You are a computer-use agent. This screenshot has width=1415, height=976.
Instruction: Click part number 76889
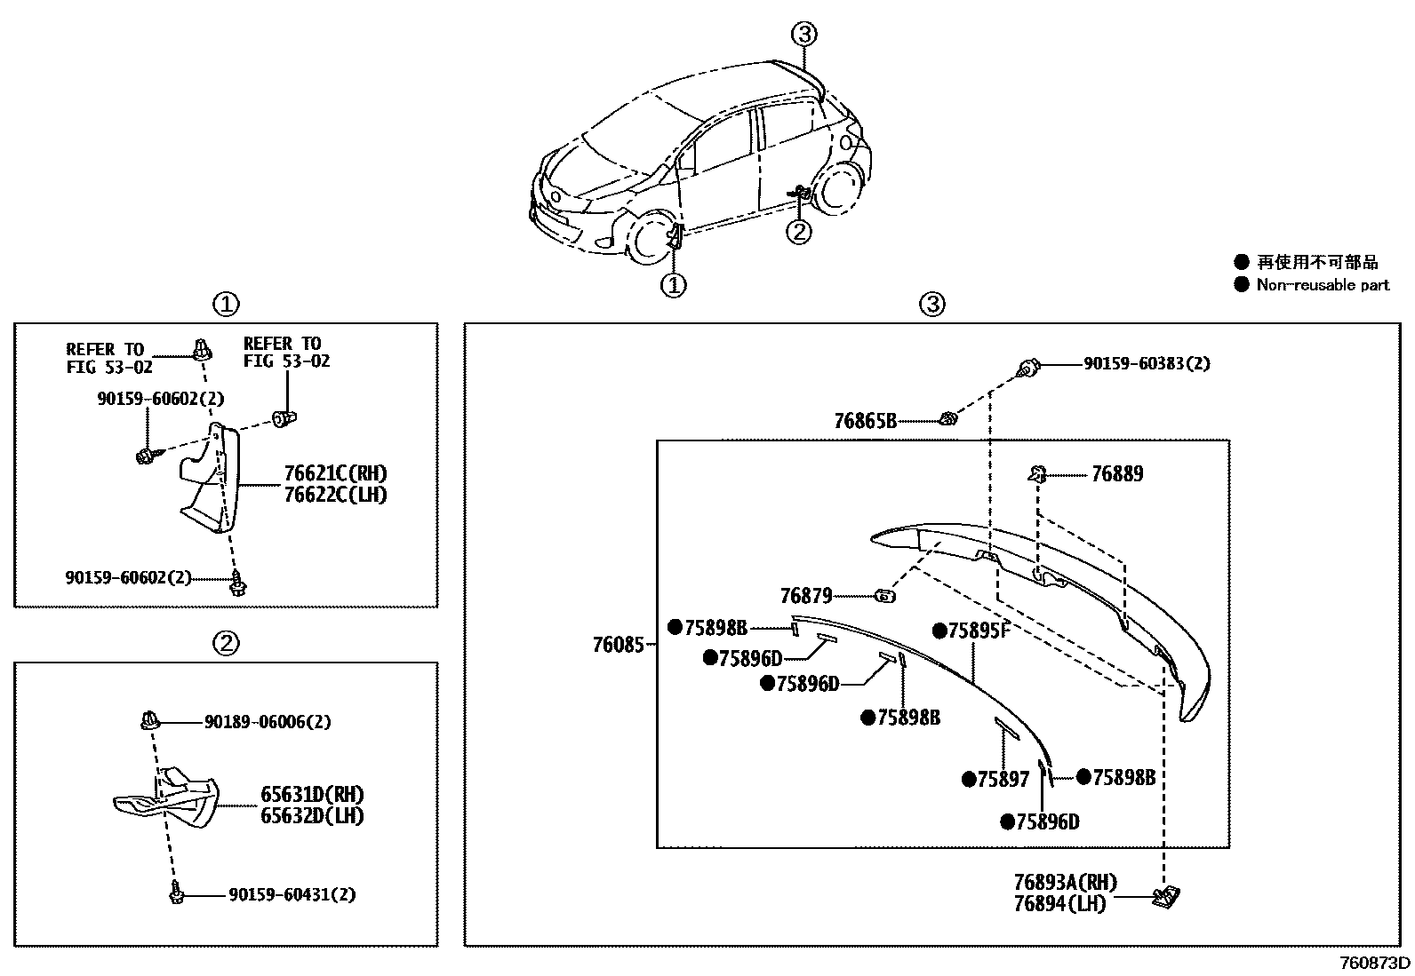pos(1116,474)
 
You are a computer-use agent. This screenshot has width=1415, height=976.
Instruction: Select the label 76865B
pos(865,421)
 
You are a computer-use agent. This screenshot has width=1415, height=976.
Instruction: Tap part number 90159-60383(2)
pos(1146,364)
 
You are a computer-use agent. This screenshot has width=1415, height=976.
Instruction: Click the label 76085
pos(618,645)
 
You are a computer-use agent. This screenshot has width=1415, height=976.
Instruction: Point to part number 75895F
pos(979,631)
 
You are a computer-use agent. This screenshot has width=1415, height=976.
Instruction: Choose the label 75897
pos(1003,780)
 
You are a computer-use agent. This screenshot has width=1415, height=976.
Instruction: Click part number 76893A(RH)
pos(1065,883)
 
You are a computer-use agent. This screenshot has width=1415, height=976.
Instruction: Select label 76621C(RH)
pos(335,474)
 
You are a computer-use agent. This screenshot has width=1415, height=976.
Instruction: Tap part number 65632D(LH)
pos(312,815)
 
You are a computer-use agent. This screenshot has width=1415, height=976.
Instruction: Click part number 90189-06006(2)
pos(267,722)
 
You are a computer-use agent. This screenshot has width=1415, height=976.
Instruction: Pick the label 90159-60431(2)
pos(292,894)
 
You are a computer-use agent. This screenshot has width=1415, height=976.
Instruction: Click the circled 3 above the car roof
pos(803,35)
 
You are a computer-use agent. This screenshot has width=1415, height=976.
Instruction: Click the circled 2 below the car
pos(800,232)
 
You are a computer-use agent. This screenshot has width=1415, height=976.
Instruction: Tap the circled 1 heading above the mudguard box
pos(226,305)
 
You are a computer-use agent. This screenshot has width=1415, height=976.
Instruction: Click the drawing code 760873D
pos(1374,963)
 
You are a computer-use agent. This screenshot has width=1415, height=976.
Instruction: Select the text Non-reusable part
pos(1322,285)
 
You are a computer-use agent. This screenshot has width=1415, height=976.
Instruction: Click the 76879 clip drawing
pos(884,596)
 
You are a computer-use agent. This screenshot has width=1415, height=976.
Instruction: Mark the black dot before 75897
pos(969,780)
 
